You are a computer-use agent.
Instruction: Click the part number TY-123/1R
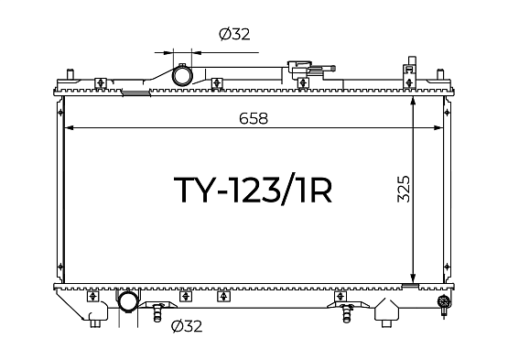pos(253,190)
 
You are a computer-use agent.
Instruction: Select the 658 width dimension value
pos(254,118)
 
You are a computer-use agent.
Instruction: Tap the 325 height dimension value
pos(404,189)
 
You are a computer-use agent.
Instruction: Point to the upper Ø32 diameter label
pos(234,34)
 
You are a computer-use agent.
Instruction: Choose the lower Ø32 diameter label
pos(187,326)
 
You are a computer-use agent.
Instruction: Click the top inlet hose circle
pos(182,75)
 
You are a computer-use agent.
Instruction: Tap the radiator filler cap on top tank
pos(299,67)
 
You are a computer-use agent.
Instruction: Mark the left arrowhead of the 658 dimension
pos(69,127)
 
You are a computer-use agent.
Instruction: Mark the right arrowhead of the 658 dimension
pos(438,127)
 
